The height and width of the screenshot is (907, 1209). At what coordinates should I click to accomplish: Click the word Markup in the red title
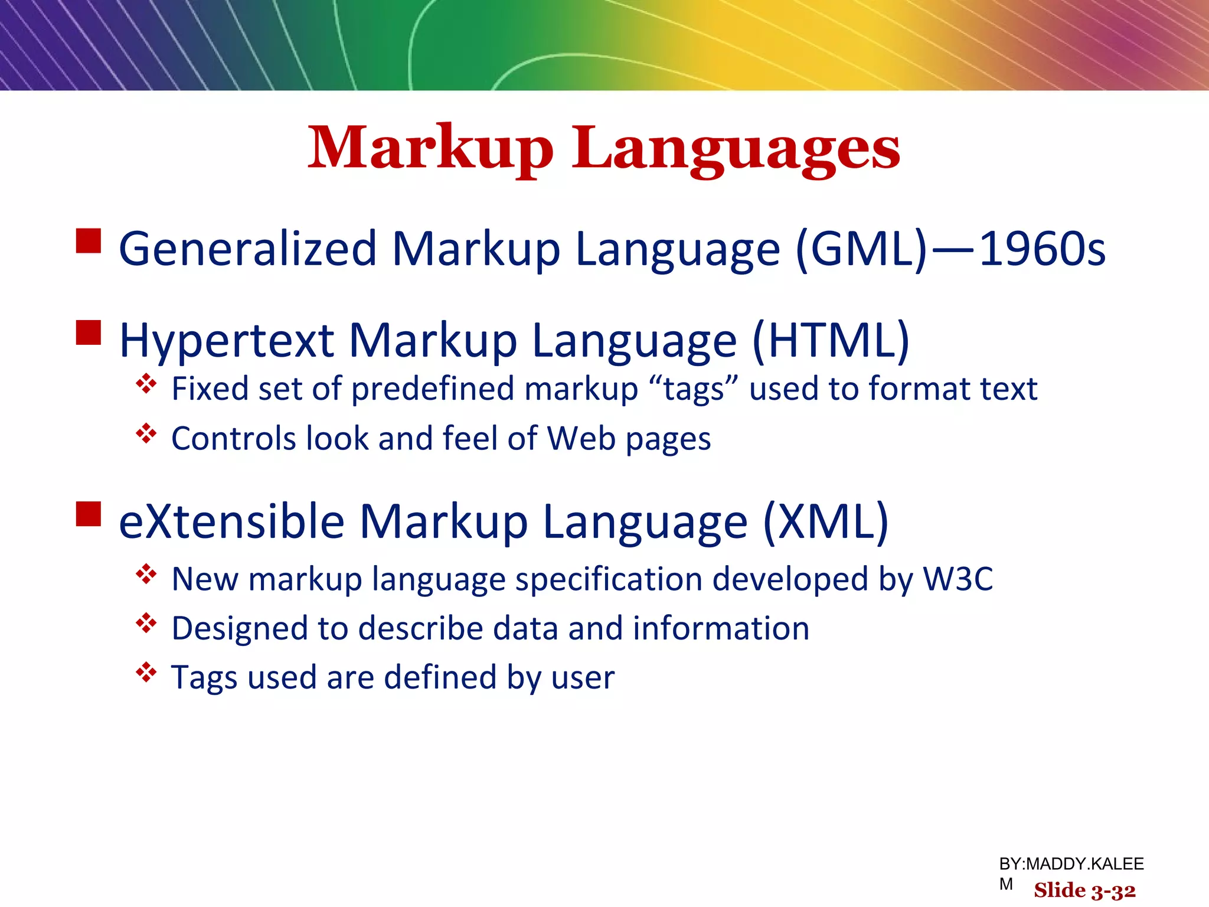tap(430, 149)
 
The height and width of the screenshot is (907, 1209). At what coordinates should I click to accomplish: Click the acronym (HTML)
tap(831, 341)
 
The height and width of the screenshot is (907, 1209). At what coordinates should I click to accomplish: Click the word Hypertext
tap(227, 341)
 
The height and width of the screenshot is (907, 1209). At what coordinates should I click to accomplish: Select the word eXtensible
tap(231, 522)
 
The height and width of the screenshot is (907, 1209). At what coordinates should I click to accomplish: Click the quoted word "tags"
tap(694, 390)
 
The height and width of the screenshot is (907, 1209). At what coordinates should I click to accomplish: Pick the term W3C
tap(958, 579)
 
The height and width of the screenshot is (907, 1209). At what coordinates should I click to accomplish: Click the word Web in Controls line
tap(581, 439)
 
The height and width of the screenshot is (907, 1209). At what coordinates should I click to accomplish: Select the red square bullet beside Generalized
tap(89, 241)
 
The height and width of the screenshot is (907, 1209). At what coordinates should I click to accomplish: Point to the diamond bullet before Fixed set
tap(146, 384)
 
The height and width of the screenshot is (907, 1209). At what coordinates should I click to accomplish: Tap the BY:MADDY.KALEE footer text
tap(1071, 864)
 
